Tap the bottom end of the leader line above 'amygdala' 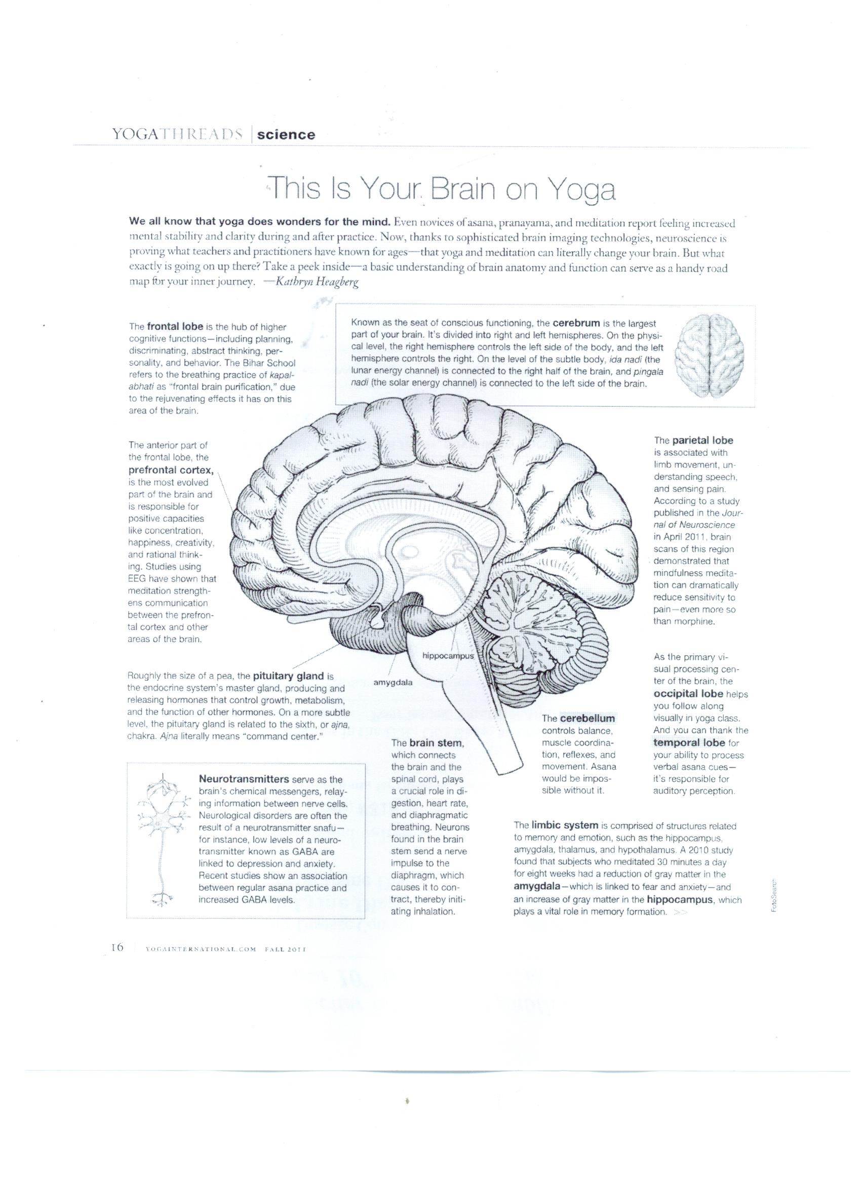click(389, 677)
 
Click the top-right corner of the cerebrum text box click(755, 305)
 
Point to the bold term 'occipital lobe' click(688, 694)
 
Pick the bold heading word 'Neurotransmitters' click(244, 779)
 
